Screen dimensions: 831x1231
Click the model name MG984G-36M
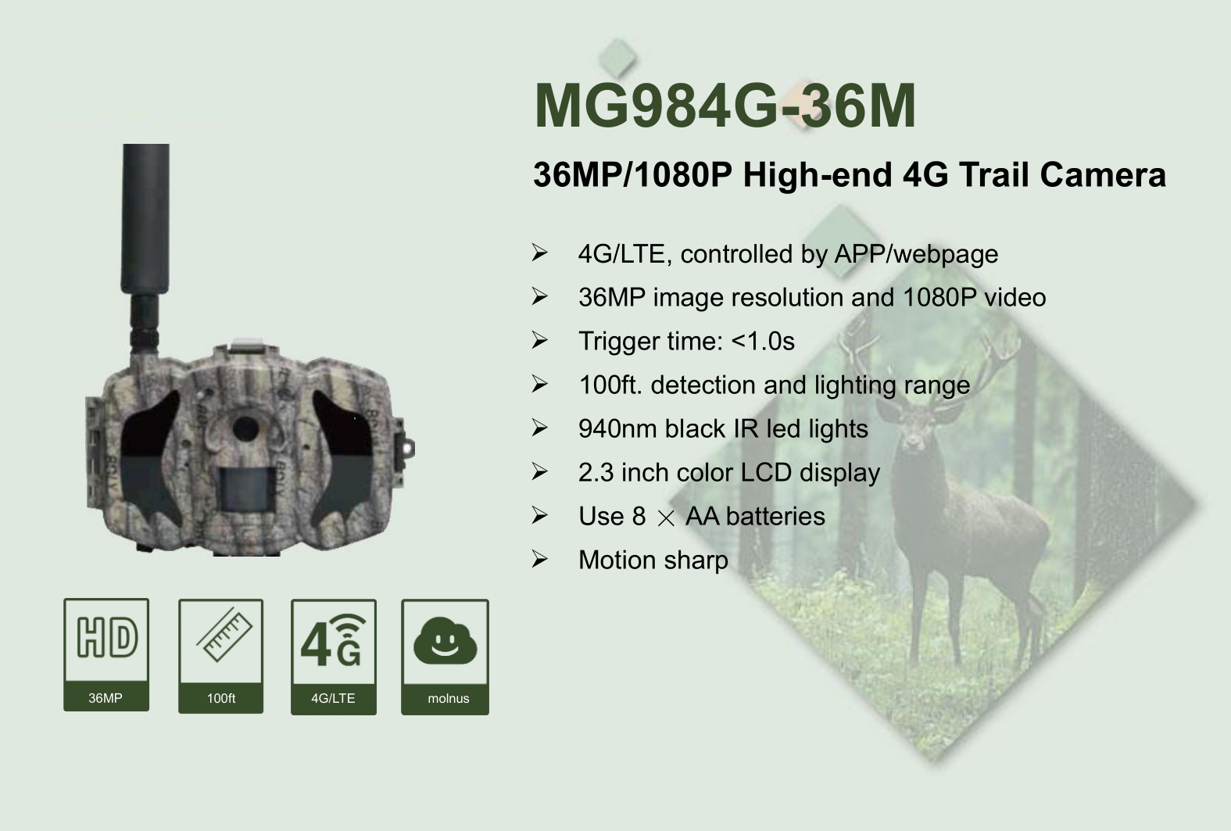[x=725, y=106]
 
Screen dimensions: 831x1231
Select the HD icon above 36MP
[x=106, y=638]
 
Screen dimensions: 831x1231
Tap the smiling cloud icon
[x=445, y=641]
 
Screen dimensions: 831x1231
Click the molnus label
[x=448, y=699]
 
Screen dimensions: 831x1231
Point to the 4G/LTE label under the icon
[x=333, y=699]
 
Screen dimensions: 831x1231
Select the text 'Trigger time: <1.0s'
[x=686, y=342]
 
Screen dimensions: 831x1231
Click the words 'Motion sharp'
[x=653, y=561]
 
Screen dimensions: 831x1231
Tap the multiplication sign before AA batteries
[x=666, y=518]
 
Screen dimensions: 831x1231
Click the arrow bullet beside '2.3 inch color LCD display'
[x=539, y=472]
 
